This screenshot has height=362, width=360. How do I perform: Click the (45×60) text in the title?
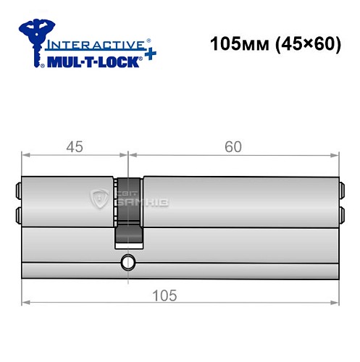[x=305, y=43]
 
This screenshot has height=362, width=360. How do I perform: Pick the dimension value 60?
[x=233, y=147]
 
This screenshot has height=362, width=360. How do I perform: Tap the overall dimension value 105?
[x=166, y=296]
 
